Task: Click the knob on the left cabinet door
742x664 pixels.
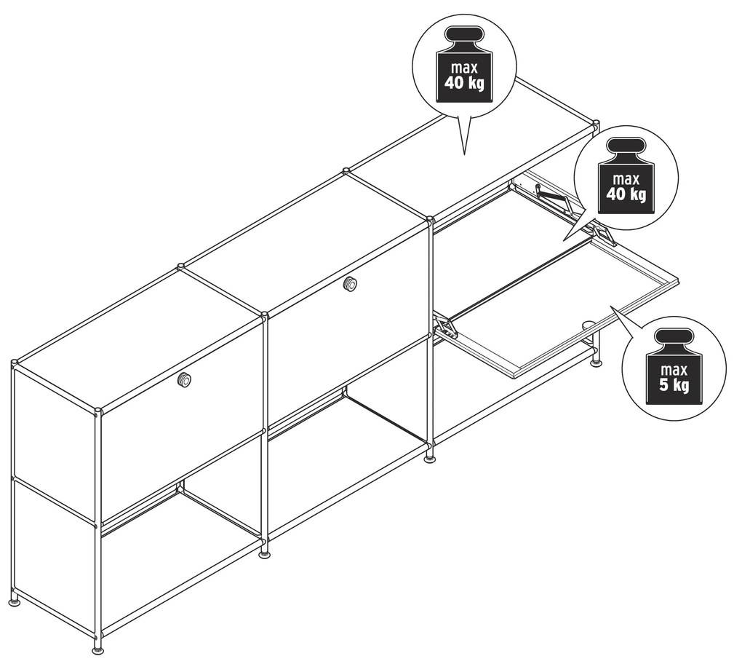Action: [185, 379]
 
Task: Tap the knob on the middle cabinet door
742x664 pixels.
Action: [351, 284]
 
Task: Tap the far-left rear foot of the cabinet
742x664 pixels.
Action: [14, 601]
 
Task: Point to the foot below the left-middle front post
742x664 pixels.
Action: [265, 553]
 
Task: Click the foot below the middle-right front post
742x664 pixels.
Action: [431, 458]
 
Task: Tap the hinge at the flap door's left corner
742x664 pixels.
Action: [447, 328]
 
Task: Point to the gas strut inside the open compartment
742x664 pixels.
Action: [551, 194]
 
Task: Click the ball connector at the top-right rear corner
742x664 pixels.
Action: [597, 123]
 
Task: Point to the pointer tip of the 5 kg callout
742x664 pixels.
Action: [611, 308]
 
